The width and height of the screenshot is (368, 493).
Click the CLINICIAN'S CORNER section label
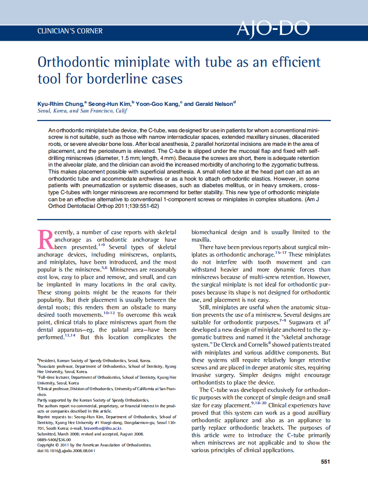(70, 31)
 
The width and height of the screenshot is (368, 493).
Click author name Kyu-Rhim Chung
(60, 104)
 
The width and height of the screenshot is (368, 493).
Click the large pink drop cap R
(46, 239)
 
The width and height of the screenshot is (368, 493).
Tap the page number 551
(325, 462)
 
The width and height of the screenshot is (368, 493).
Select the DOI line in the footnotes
(66, 450)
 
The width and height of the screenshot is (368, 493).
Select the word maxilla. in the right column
(201, 240)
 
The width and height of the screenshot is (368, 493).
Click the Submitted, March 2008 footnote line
(90, 433)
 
